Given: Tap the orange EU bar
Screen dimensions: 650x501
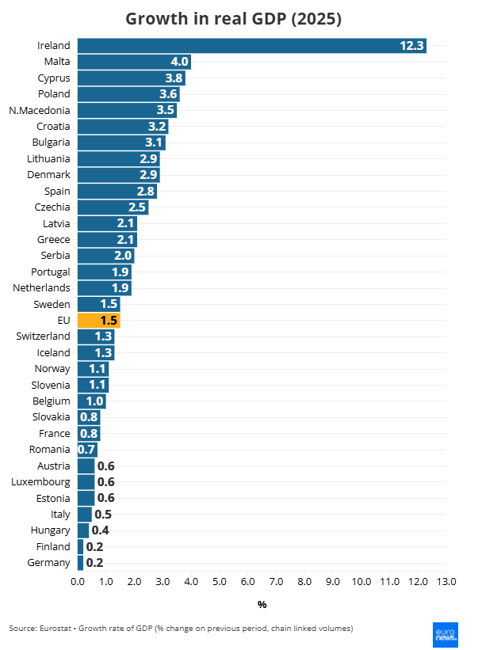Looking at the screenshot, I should tap(98, 321).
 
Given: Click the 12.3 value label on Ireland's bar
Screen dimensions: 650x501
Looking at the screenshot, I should tap(411, 46).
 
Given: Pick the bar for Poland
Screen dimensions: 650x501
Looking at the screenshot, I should tap(128, 94).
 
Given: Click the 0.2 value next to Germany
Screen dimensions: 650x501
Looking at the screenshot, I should tap(94, 563).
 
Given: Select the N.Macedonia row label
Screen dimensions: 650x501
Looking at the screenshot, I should tap(40, 110).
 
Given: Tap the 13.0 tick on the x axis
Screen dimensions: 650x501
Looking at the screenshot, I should tap(446, 582).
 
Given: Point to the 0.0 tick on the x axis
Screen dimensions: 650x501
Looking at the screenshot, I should tap(78, 582).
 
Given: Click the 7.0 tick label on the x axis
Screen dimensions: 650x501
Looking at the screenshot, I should tap(276, 582).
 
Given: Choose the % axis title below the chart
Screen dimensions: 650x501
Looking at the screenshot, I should tap(262, 605).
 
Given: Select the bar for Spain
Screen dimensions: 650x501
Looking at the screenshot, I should tap(117, 191).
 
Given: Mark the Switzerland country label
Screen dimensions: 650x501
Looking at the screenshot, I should tap(43, 336).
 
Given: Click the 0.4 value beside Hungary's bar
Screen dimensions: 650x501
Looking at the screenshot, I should tap(101, 530).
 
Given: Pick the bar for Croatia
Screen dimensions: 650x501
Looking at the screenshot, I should tap(122, 127).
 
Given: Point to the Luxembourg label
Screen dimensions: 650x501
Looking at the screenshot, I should tap(40, 482).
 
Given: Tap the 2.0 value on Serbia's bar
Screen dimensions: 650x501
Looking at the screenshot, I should tap(123, 256).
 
